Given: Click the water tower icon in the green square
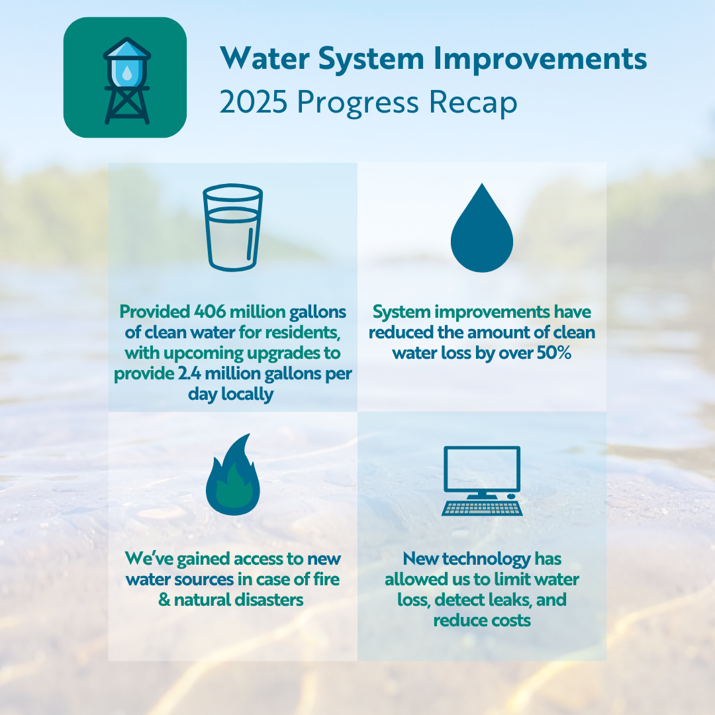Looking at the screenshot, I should point(126,79).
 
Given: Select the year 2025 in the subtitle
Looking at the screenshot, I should point(254,103).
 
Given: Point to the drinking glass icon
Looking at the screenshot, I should point(233,227).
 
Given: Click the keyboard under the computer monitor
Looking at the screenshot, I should point(482,508).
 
